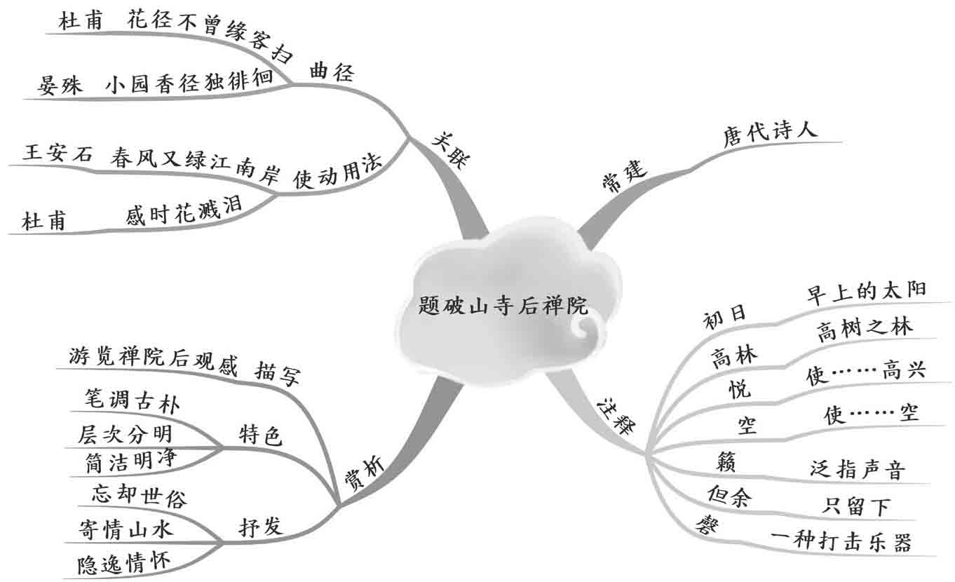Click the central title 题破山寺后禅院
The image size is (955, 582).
point(503,306)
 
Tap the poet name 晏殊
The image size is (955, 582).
point(60,86)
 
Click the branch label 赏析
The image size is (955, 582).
point(365,478)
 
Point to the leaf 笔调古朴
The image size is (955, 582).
point(125,405)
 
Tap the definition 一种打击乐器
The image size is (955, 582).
point(841,542)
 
